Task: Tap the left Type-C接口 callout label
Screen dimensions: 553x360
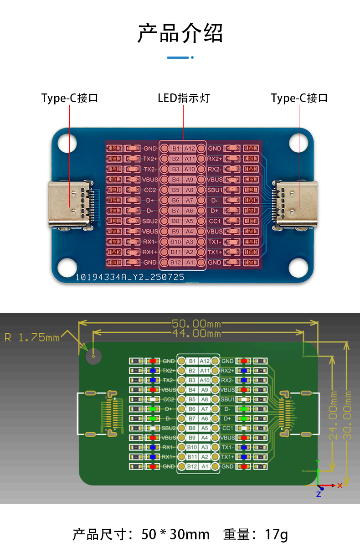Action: click(x=70, y=98)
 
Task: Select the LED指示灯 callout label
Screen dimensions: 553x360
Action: click(x=184, y=98)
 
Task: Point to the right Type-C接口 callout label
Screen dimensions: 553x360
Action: click(x=299, y=98)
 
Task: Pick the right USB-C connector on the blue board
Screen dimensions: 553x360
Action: click(x=297, y=204)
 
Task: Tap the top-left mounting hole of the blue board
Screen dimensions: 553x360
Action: click(x=67, y=142)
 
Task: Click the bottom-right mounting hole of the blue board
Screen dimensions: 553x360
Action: click(x=298, y=268)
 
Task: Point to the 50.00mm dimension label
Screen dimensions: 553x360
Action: click(x=196, y=324)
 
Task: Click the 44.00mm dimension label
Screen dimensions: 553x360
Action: click(x=196, y=334)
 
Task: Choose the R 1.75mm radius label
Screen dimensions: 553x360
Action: click(x=32, y=337)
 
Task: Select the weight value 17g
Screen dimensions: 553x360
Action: click(x=277, y=534)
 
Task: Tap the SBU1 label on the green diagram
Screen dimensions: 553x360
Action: click(x=228, y=399)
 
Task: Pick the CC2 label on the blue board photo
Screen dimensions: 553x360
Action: click(x=150, y=190)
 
